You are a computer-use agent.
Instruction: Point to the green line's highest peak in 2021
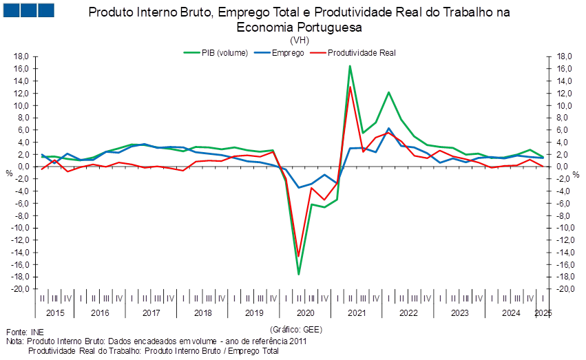pos(350,66)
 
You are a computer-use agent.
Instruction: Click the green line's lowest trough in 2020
pos(299,274)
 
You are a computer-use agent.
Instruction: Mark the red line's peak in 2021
pos(350,87)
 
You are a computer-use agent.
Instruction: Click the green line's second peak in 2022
pos(389,92)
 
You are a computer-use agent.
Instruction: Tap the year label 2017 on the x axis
pos(151,313)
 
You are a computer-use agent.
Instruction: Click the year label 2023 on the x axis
pos(460,313)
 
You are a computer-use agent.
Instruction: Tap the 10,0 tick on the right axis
pos(565,105)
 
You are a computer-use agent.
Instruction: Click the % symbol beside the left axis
pos(9,173)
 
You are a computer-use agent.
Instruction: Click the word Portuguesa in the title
pos(328,28)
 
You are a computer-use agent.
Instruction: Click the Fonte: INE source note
pos(19,332)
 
